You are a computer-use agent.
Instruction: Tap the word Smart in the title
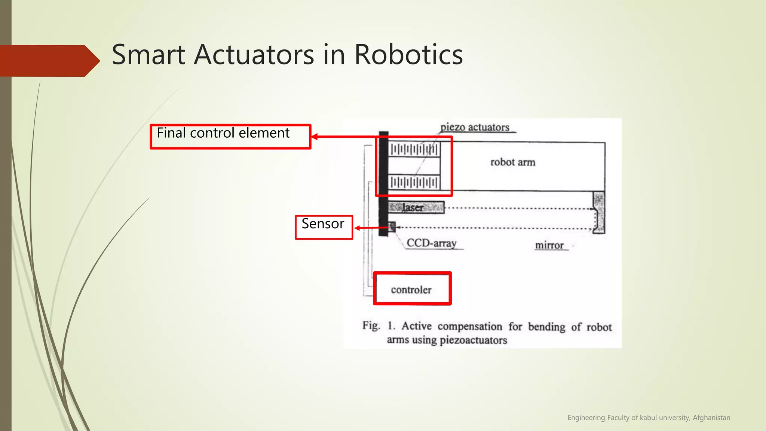[148, 55]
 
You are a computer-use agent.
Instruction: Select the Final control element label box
[230, 137]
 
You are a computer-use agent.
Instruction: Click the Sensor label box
[324, 227]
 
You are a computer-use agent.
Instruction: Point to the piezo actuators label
[475, 127]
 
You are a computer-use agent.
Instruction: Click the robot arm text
[513, 162]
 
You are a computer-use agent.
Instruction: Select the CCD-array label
[432, 243]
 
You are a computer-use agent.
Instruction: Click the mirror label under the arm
[549, 245]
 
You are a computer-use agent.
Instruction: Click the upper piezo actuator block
[414, 150]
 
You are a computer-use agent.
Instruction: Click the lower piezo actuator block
[414, 183]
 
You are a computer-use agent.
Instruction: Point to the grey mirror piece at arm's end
[599, 212]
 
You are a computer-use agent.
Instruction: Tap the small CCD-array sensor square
[392, 226]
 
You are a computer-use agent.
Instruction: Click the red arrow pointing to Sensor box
[370, 227]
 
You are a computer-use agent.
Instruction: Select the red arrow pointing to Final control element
[344, 137]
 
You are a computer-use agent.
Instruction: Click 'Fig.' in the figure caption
[371, 325]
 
